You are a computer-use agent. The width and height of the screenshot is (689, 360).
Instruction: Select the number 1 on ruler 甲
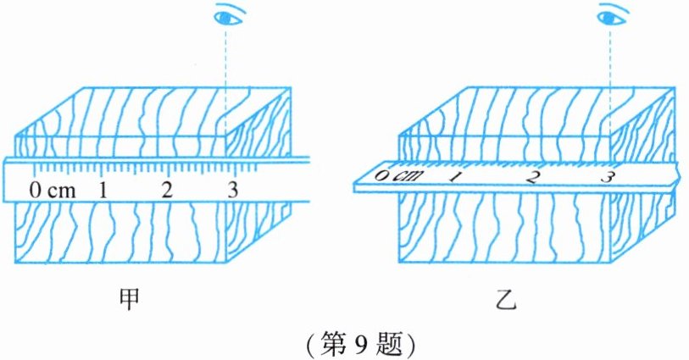tap(102, 189)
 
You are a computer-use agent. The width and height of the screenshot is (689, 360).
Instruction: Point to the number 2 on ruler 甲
tap(167, 189)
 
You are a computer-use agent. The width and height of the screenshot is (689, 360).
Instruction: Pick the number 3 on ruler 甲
tap(232, 189)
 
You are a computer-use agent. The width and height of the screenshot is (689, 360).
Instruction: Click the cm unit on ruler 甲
tap(61, 190)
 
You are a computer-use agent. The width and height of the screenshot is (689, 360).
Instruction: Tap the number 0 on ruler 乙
tap(383, 176)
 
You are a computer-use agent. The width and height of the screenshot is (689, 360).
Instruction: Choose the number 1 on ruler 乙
tap(456, 177)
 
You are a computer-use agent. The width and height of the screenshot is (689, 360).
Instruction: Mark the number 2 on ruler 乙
tap(532, 177)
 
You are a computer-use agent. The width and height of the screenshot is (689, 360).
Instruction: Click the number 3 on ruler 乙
tap(607, 177)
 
